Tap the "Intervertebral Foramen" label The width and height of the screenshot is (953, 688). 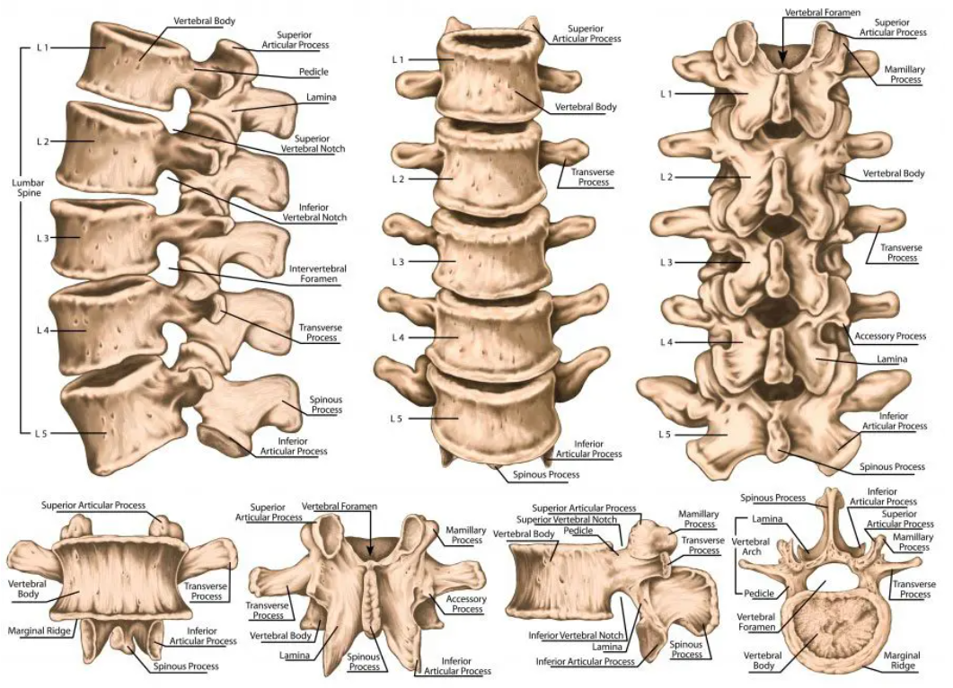317,274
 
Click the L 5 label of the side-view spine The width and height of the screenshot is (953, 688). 42,433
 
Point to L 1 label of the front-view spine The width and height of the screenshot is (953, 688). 400,59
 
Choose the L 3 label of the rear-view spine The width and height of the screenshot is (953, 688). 666,262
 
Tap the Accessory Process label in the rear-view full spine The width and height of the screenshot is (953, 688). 889,336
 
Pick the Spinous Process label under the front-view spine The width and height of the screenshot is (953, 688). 545,474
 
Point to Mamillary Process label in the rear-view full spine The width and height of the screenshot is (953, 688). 905,74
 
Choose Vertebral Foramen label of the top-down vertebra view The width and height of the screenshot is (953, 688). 756,622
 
